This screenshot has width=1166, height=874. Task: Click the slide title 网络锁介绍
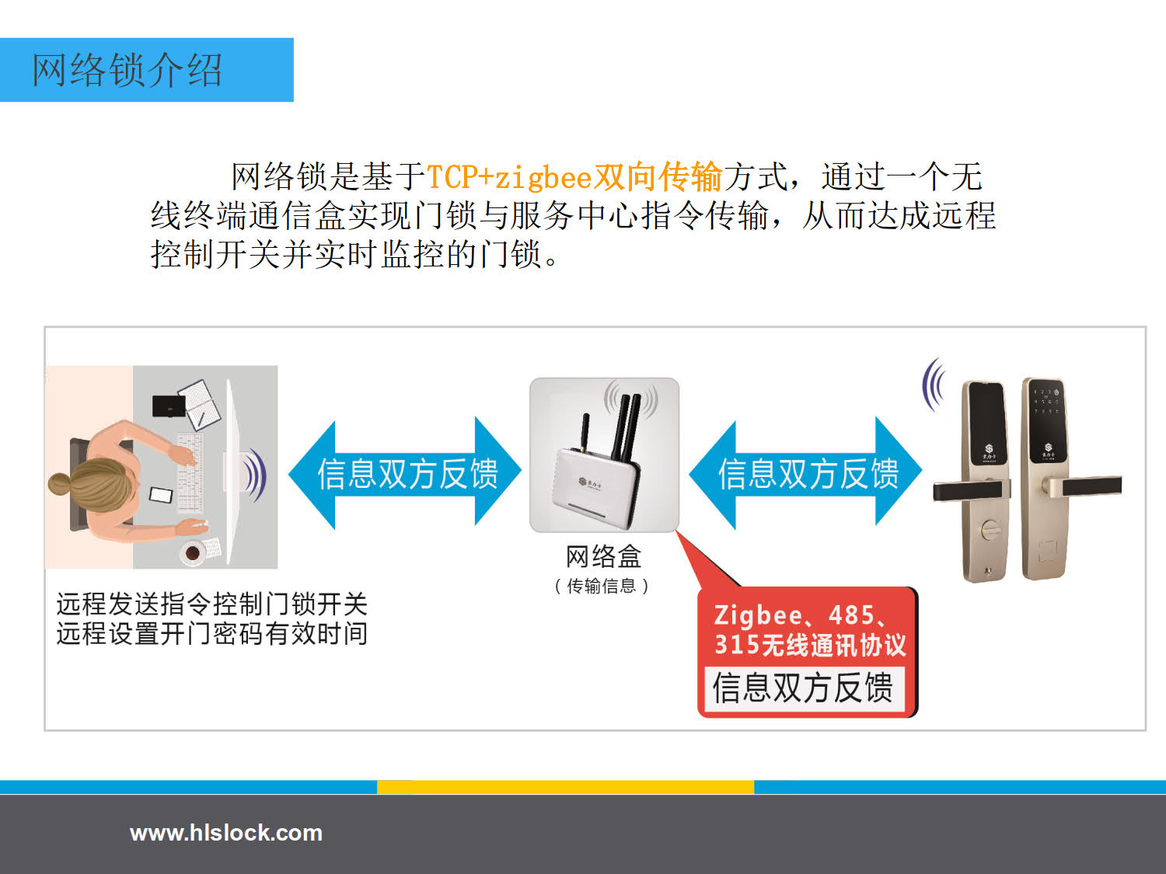tap(127, 69)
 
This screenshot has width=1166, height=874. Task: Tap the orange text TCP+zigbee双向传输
tap(574, 176)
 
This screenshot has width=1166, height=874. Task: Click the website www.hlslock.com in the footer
tap(226, 833)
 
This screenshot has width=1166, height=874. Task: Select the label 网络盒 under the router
tap(603, 556)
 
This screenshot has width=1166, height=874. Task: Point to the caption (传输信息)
tap(602, 587)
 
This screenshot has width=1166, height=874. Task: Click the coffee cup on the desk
tap(192, 552)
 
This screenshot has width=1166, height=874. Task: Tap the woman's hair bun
tap(60, 484)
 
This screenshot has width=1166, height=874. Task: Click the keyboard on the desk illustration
tap(190, 473)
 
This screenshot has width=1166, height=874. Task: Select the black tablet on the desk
tap(169, 406)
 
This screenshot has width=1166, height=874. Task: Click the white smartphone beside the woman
tap(161, 495)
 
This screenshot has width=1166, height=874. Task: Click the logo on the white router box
tap(591, 482)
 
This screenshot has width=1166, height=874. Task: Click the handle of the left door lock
tap(968, 490)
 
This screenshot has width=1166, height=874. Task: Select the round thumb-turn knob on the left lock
tap(989, 529)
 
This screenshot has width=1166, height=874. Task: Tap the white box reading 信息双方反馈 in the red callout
tap(804, 688)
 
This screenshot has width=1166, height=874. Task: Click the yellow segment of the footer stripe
tap(565, 787)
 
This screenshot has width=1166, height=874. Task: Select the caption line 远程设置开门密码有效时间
tap(212, 634)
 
